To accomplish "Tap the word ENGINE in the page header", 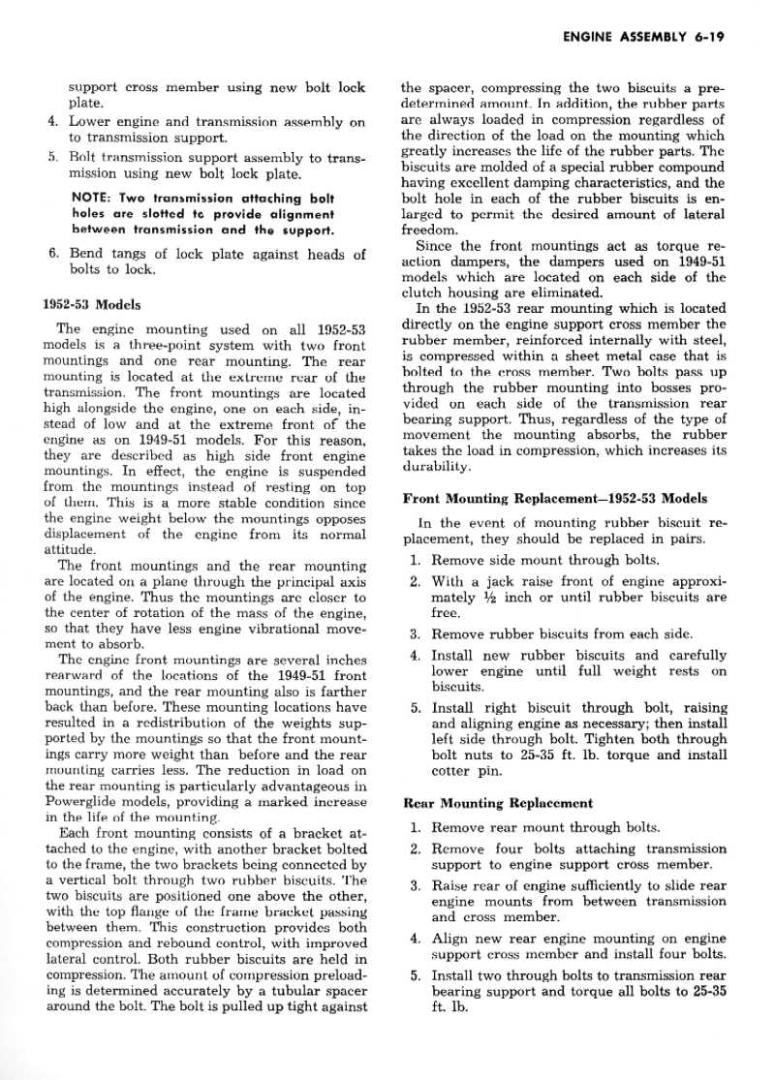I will (x=586, y=39).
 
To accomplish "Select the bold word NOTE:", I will (x=94, y=197).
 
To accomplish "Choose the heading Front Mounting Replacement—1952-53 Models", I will (x=555, y=499).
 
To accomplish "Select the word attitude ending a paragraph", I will (x=72, y=548).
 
